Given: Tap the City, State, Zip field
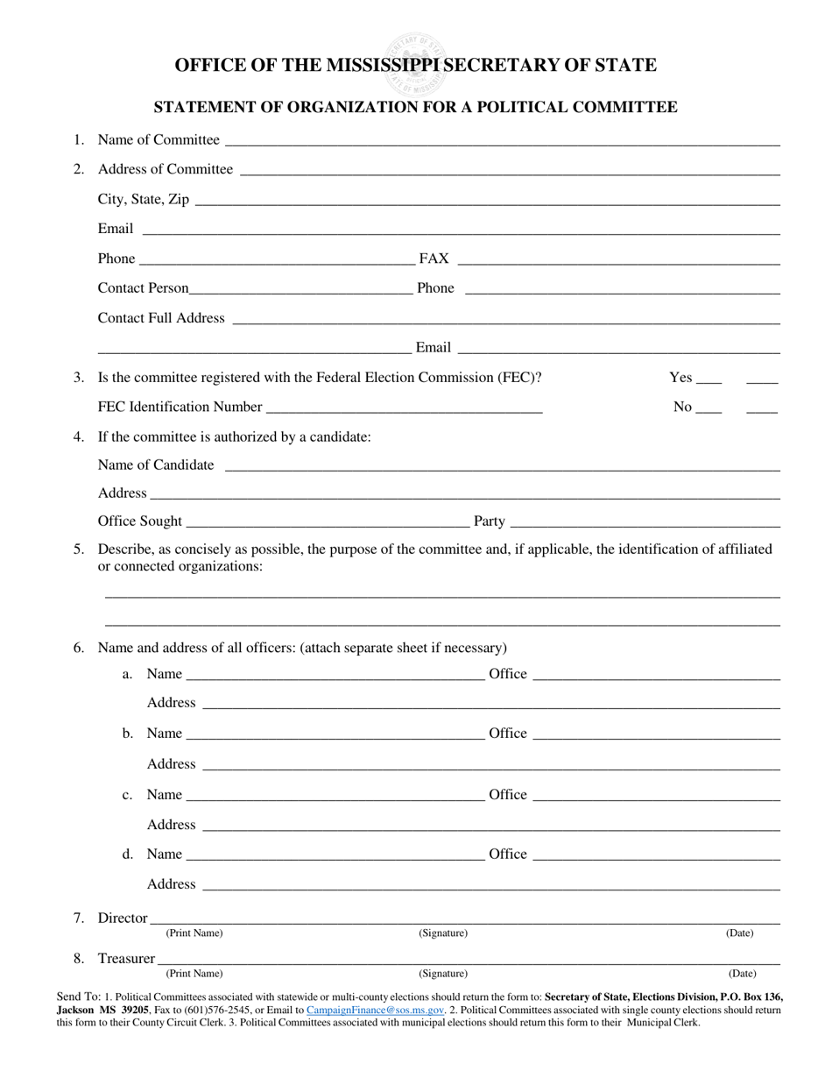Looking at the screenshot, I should coord(487,202).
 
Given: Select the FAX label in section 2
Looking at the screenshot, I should coord(434,259).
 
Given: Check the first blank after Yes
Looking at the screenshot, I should coord(710,381).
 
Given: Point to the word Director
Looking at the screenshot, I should coord(123,918).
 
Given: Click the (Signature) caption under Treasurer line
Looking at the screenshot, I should coord(443,974).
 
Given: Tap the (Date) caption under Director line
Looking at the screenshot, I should coord(740,933).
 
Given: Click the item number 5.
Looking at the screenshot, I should coord(80,550).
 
